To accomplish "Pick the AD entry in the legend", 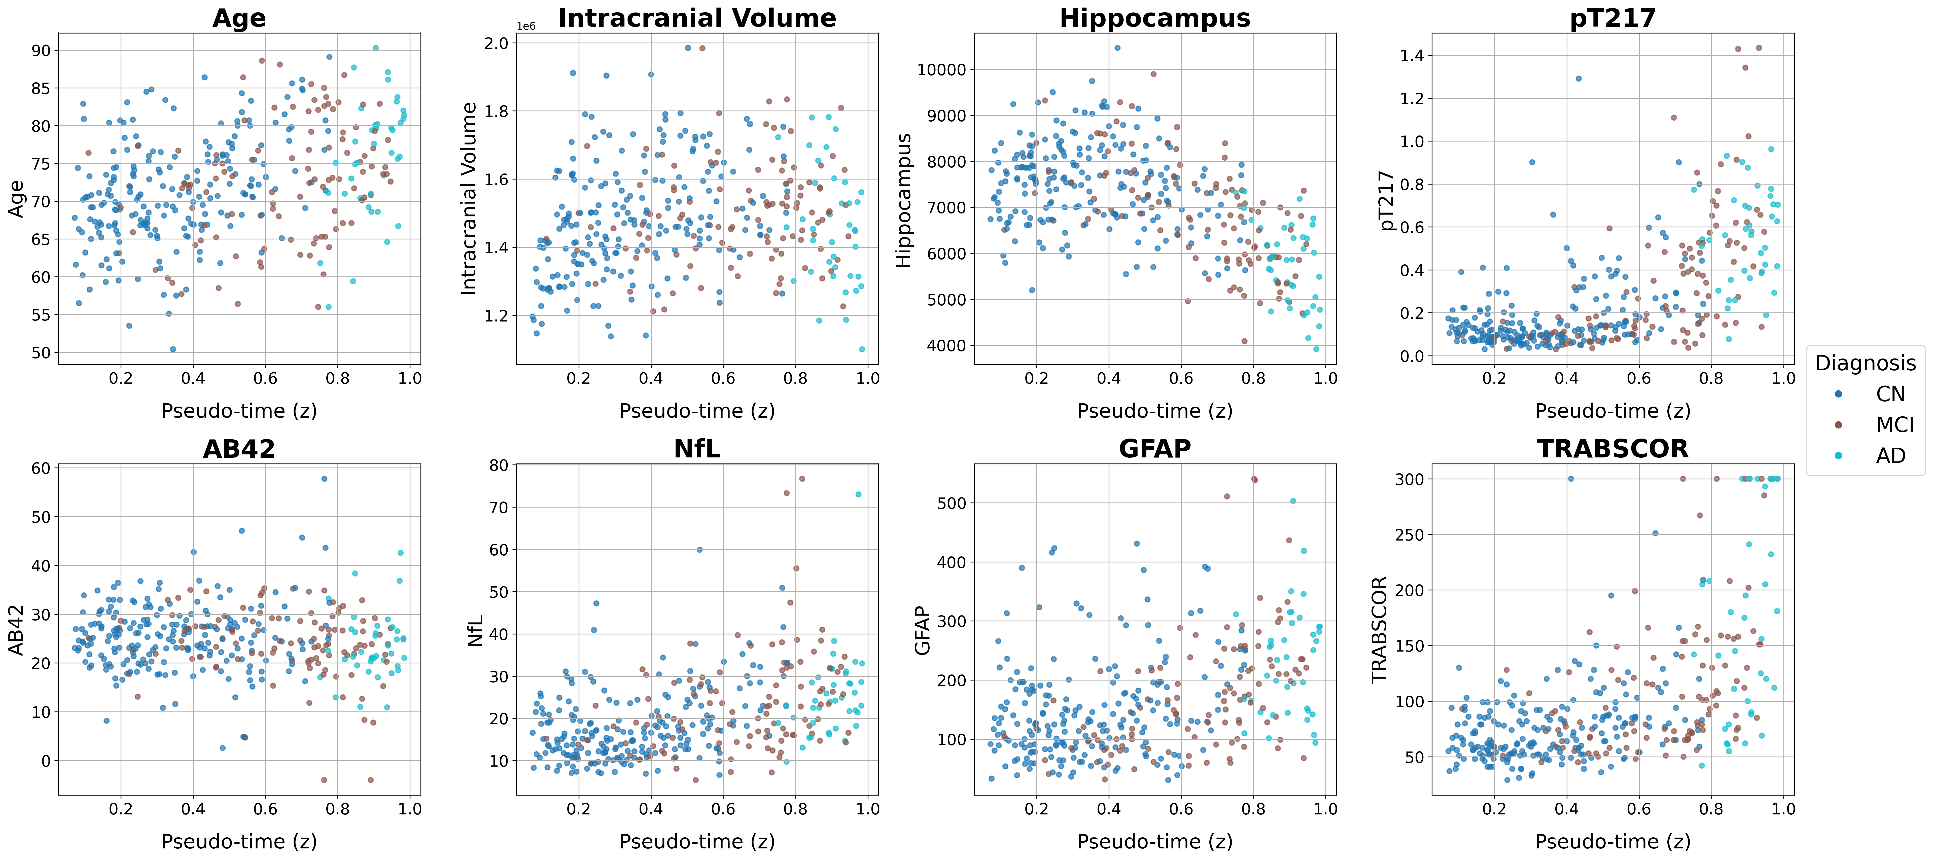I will coord(1890,455).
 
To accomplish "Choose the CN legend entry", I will coord(1890,394).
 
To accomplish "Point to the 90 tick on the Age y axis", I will coord(41,51).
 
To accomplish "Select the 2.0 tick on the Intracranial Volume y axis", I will coord(497,44).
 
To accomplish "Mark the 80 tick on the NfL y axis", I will coord(498,465).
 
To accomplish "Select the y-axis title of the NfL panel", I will coord(475,630).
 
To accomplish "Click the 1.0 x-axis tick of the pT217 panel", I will coord(1783,378).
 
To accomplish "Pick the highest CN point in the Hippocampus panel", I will coord(1117,48).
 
